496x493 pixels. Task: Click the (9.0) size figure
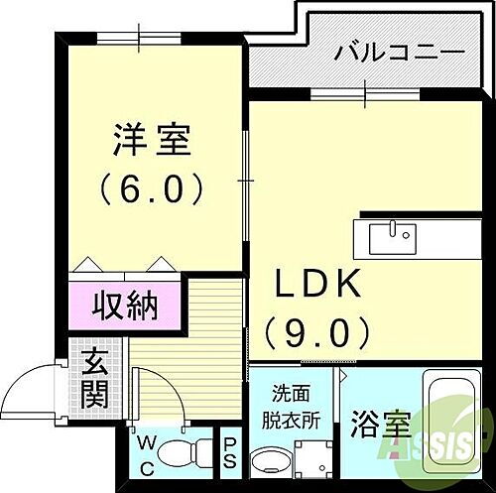pos(318,327)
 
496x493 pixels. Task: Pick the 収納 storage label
pos(126,306)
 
